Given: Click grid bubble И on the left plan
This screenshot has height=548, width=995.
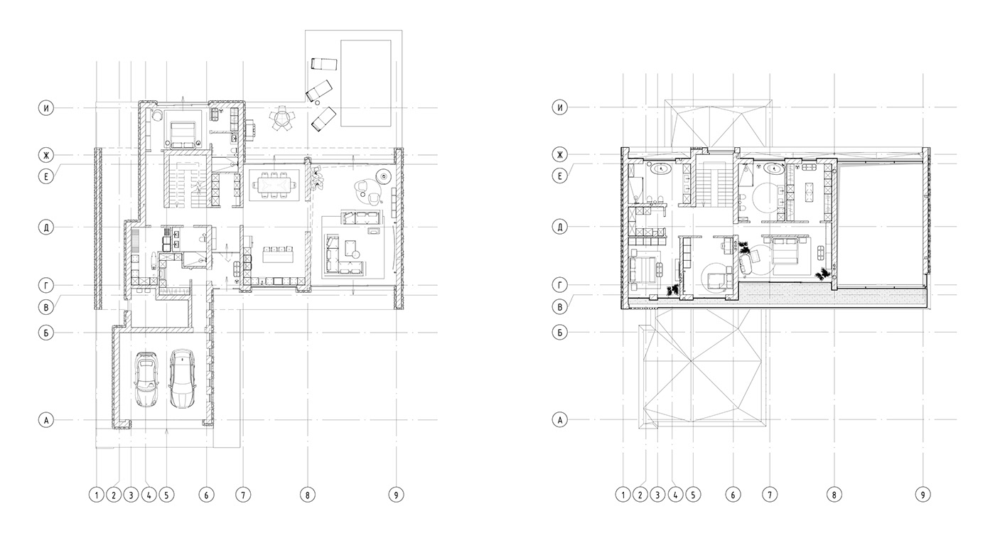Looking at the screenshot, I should (46, 108).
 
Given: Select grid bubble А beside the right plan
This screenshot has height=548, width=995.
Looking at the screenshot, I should (561, 420).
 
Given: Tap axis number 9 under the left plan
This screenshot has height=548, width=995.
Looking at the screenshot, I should (397, 494).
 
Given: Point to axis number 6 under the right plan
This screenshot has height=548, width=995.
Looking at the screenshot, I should (733, 494).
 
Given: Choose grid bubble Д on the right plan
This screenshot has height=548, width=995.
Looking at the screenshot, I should (561, 227).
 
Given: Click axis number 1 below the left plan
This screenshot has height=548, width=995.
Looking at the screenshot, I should (96, 494).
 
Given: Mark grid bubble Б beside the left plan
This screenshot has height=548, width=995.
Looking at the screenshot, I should (46, 331).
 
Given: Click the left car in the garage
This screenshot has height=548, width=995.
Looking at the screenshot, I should (147, 380).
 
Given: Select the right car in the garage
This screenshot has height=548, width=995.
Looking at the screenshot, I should (182, 378).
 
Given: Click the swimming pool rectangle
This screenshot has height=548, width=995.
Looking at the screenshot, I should (367, 83).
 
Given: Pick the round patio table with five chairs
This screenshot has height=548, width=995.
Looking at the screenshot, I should (282, 119).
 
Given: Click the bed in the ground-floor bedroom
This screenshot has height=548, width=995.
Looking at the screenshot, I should (183, 132).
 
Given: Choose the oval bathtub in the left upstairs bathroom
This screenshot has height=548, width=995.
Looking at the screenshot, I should (662, 170).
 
